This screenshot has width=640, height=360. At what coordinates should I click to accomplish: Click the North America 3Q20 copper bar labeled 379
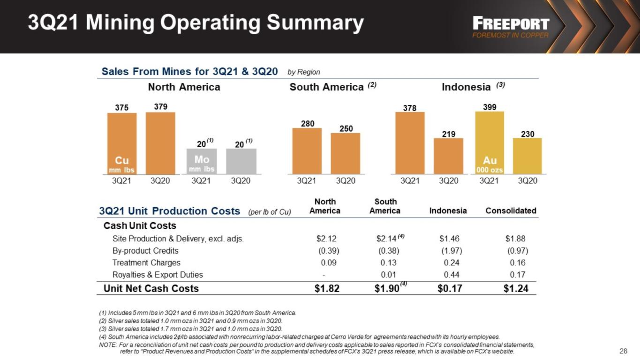160,143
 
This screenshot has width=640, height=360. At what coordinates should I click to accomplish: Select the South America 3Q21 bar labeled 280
307,151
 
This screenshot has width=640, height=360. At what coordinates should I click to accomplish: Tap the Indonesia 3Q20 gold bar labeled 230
527,156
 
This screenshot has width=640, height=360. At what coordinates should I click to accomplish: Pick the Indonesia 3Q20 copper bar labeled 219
448,156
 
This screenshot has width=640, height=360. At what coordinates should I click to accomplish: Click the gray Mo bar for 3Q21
202,161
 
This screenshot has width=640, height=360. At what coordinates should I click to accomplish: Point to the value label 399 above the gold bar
489,107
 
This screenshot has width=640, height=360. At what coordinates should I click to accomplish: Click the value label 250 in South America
346,128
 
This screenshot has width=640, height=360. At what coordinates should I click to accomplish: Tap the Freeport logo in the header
511,27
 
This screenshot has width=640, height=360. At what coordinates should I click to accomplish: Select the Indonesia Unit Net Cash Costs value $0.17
450,288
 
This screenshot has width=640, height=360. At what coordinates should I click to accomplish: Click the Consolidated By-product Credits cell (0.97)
518,251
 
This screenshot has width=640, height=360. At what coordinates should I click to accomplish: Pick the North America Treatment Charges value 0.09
329,262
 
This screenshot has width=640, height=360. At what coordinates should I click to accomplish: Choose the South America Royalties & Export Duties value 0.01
388,275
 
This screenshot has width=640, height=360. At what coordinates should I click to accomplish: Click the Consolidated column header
511,210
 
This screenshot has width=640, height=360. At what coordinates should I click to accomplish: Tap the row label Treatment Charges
146,262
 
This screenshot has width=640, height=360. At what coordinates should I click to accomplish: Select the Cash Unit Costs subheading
140,226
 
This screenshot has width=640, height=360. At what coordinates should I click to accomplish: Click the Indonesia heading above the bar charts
466,87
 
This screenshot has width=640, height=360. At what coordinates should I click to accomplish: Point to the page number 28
624,351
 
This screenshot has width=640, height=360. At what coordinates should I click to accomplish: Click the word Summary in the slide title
315,23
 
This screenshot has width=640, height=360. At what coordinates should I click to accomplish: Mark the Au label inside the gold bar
489,160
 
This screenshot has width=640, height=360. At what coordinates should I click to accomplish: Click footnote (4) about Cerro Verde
299,337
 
